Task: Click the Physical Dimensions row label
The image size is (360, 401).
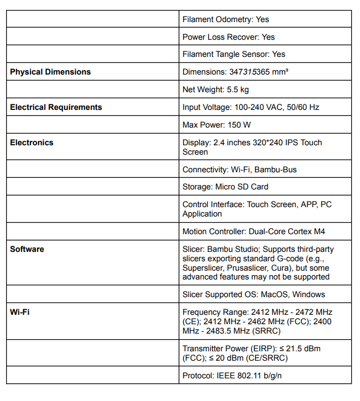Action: (50, 72)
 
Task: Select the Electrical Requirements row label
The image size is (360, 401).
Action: (56, 107)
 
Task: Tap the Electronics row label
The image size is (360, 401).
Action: (32, 143)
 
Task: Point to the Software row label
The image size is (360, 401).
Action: (27, 249)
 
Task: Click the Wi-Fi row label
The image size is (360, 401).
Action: (20, 312)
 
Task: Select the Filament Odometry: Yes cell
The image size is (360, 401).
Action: (226, 19)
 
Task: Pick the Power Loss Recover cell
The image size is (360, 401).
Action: (228, 37)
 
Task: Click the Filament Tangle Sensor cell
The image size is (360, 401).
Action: (234, 54)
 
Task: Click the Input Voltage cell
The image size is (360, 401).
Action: (251, 107)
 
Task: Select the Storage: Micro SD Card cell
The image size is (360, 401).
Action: (226, 187)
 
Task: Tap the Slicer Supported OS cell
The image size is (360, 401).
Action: (254, 294)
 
